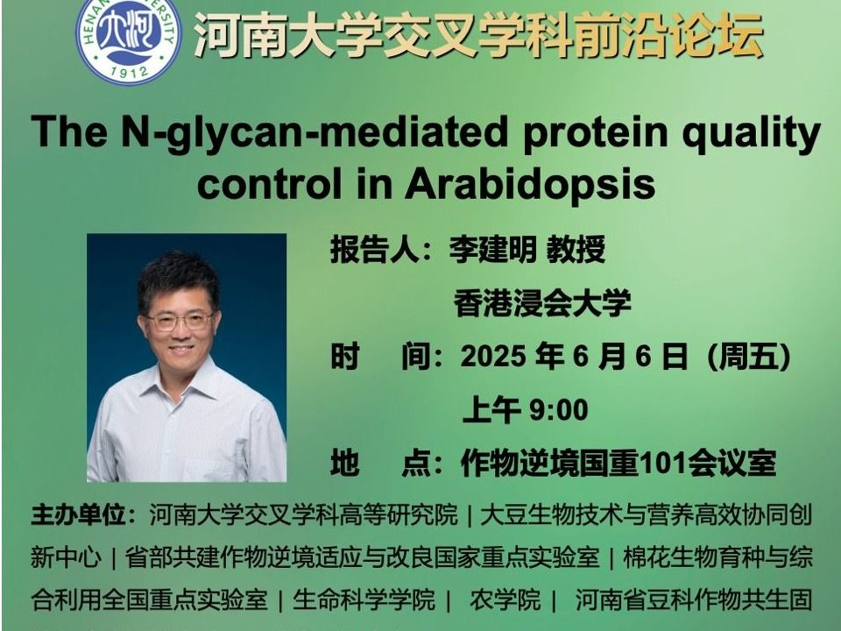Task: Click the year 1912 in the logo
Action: (129, 71)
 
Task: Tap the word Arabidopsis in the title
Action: (530, 183)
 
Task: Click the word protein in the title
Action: (595, 132)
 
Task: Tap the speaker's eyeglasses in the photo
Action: (180, 322)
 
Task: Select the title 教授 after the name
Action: (576, 250)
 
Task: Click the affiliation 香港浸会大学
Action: (542, 302)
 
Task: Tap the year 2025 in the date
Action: (493, 356)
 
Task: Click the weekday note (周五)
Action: (750, 357)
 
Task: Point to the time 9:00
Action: (558, 410)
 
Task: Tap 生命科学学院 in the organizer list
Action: (363, 599)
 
